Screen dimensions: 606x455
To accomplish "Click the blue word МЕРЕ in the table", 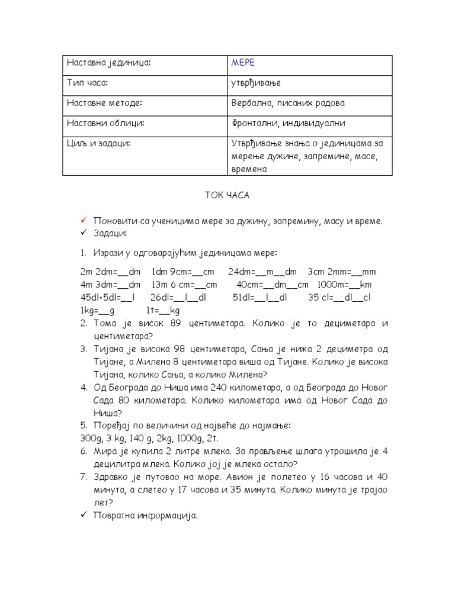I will (x=243, y=63).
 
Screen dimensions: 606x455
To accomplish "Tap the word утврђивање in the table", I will (x=256, y=83).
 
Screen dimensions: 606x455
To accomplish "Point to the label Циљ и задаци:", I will (x=98, y=143).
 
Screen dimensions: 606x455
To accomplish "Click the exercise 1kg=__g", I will (x=97, y=310).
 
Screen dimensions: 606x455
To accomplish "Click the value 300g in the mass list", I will (x=90, y=439).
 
